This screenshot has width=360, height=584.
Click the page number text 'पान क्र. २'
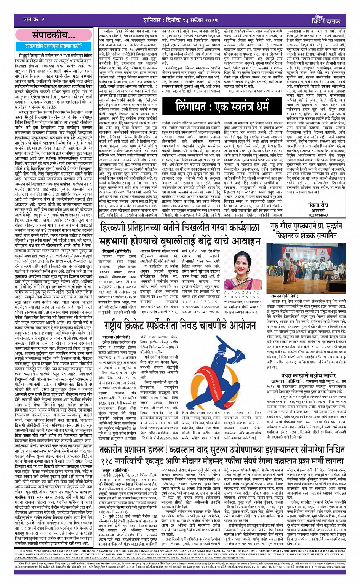coord(34,19)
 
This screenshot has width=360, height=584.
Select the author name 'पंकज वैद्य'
coord(318,204)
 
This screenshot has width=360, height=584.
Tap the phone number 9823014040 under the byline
coord(318,215)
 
